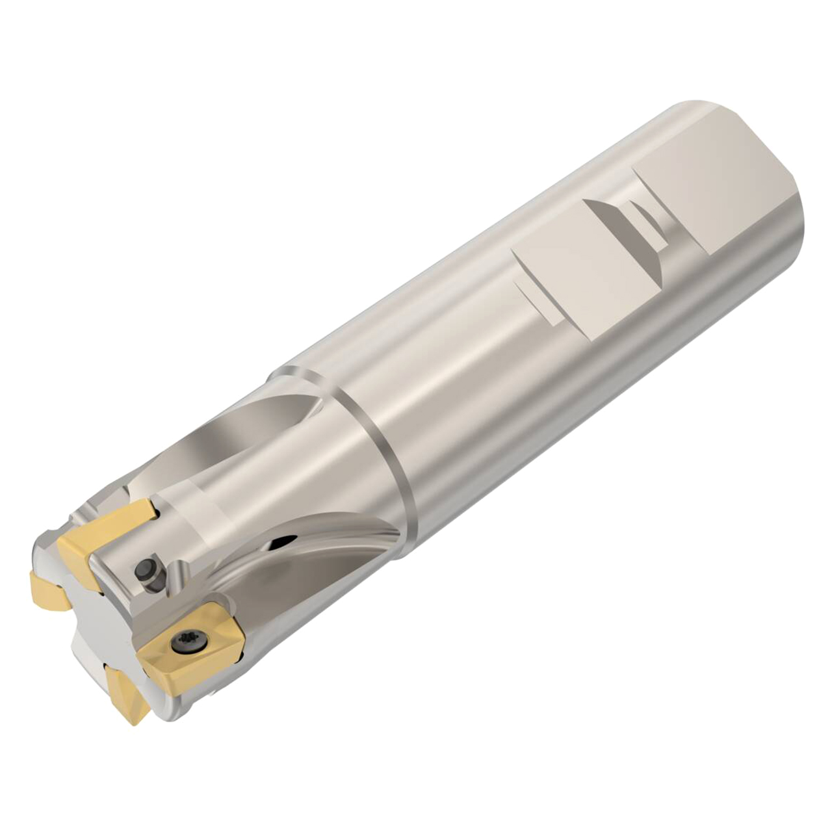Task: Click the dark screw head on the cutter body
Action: pos(144,570)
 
